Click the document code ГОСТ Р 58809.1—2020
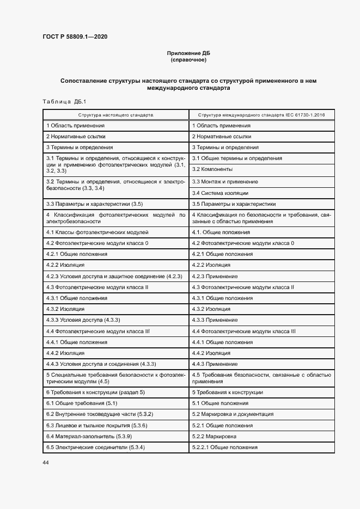pyautogui.click(x=74, y=36)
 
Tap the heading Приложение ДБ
pyautogui.click(x=188, y=53)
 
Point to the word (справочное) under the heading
pyautogui.click(x=188, y=60)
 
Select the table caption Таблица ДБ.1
pyautogui.click(x=64, y=102)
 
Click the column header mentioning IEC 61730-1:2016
pyautogui.click(x=261, y=115)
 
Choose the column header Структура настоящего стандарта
pyautogui.click(x=115, y=115)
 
